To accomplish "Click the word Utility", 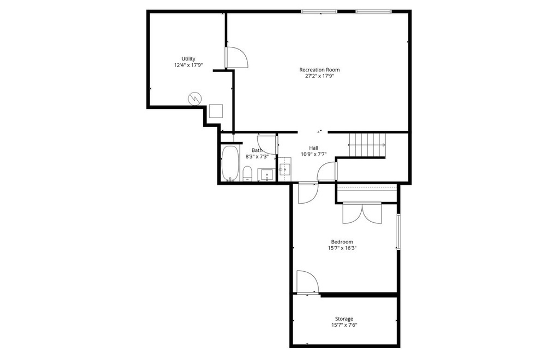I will coord(189,59).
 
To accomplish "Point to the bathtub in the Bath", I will coord(230,163).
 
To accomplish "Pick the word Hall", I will coord(314,148).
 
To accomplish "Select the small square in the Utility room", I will coord(216,111).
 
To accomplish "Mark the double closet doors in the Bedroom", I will coord(362,213).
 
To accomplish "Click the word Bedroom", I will coord(342,242).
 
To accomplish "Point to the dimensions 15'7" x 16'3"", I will coord(342,248).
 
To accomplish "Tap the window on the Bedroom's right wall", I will coord(399,233).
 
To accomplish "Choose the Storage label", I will coord(344,319).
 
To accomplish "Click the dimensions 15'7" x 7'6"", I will coord(344,325).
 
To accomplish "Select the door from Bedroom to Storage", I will coord(307,282).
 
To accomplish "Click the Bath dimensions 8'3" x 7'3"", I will coord(257,157).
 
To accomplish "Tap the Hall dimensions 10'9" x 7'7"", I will coord(314,154).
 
